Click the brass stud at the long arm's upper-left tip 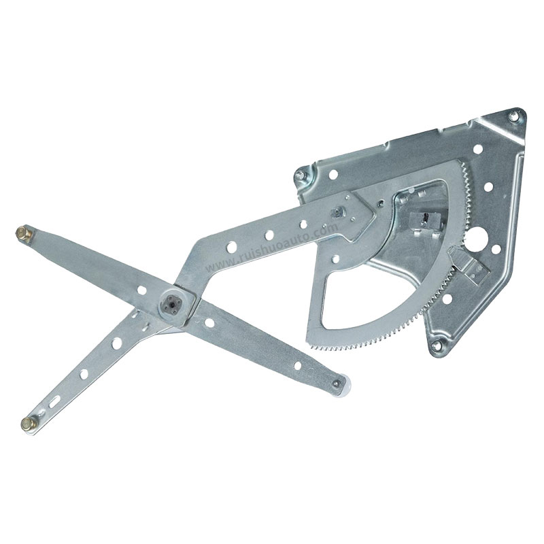click(x=24, y=233)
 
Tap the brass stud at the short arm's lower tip click(x=28, y=424)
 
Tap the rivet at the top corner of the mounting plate click(x=513, y=117)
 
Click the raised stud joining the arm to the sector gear click(x=335, y=210)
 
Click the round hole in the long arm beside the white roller click(x=298, y=365)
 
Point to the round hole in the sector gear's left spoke click(x=335, y=258)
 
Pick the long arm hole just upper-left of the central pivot click(x=142, y=290)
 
